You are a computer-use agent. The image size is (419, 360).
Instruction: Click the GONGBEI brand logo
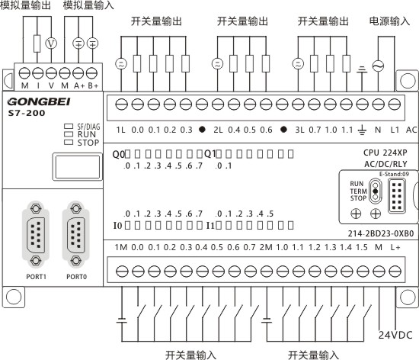click(39, 101)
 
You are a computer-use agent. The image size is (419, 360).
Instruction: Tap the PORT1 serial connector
click(36, 235)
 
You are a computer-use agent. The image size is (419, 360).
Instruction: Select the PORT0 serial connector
click(76, 235)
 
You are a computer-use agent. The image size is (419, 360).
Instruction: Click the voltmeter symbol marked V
click(51, 43)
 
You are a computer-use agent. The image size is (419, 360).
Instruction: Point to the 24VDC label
click(395, 335)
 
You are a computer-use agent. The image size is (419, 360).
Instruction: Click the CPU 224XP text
click(385, 153)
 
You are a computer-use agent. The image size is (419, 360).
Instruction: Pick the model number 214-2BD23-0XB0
click(380, 233)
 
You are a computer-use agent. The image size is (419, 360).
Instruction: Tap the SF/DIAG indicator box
click(69, 126)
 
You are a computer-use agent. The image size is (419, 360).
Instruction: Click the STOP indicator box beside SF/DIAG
click(69, 143)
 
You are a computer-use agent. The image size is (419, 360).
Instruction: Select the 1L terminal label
click(120, 130)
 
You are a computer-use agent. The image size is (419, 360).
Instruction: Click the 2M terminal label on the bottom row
click(266, 247)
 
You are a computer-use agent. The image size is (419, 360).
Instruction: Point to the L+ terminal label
click(395, 247)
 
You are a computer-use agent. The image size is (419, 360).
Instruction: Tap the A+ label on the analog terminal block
click(79, 86)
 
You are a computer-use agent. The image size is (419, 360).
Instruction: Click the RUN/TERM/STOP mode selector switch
click(375, 191)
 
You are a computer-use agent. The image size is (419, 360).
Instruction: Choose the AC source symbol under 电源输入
click(378, 66)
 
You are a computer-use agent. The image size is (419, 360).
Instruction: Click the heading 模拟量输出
click(25, 5)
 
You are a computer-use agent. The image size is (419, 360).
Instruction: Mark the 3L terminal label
click(299, 130)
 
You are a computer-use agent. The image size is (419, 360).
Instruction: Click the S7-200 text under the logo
click(27, 113)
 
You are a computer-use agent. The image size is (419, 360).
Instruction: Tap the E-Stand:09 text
click(394, 174)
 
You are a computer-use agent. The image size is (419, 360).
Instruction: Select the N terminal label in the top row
click(378, 130)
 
